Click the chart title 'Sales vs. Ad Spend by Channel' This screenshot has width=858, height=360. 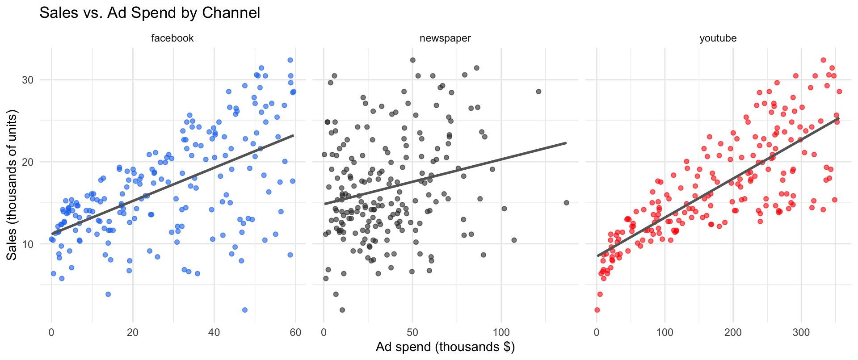tap(150, 13)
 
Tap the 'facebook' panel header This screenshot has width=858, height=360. tap(172, 38)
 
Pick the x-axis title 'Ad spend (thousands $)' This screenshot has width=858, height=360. tap(445, 347)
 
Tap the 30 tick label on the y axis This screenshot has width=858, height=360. tap(28, 80)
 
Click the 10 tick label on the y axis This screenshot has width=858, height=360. tap(28, 244)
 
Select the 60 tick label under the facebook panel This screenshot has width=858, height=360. tap(295, 333)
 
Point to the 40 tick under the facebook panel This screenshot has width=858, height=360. tap(214, 333)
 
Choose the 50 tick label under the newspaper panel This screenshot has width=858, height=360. tap(412, 333)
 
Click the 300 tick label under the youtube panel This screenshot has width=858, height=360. tap(801, 333)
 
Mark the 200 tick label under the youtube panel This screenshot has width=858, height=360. tap(733, 333)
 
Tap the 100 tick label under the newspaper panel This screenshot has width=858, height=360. tap(501, 333)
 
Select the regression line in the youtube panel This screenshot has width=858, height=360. tap(718, 187)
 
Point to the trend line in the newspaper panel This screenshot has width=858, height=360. tap(445, 173)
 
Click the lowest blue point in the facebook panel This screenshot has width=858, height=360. tap(245, 310)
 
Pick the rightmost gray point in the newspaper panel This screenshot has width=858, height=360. tap(567, 203)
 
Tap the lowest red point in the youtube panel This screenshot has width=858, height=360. tap(597, 310)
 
